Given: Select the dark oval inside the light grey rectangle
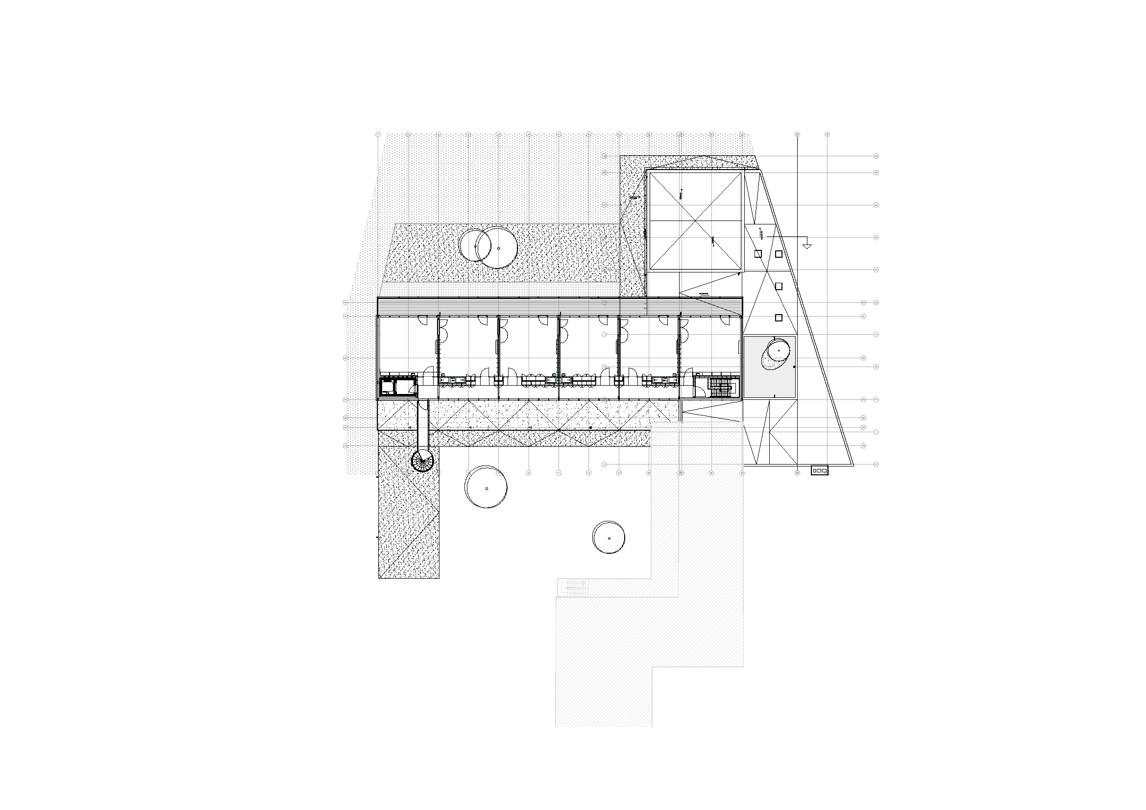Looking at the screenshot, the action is point(774,353).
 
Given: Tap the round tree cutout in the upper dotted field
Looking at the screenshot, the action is point(488,245).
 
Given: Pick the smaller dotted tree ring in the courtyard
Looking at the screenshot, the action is point(609,537).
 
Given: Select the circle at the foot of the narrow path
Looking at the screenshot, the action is point(423,460).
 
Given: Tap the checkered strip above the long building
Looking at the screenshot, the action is point(499,288).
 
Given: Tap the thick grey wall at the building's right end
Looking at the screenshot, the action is point(741,359).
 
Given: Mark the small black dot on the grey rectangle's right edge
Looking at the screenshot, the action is point(795,366).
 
